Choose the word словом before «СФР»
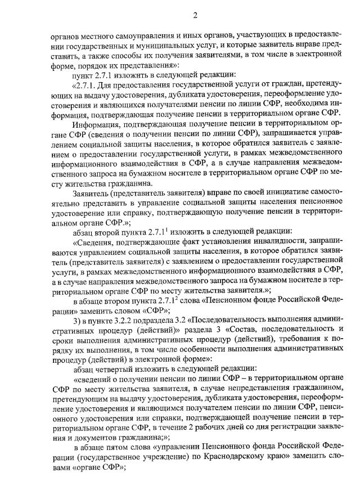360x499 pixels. (128, 310)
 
